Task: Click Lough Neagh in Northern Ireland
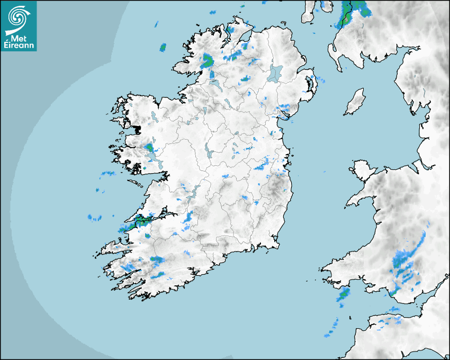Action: (x=275, y=73)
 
